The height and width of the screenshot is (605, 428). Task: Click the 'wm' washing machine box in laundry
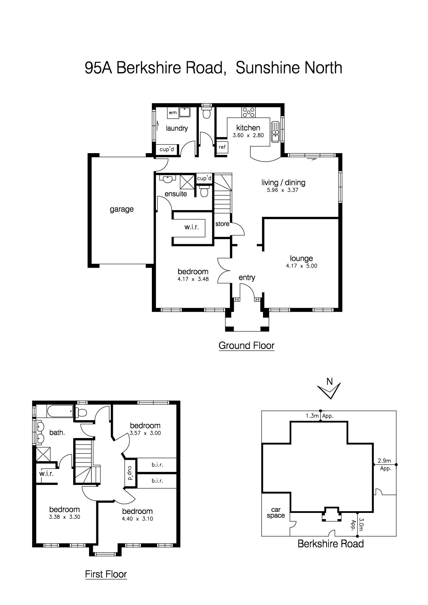[173, 112]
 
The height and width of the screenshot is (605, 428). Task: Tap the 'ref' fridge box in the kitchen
[222, 147]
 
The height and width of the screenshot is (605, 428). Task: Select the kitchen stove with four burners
[249, 112]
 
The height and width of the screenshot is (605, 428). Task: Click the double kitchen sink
[275, 132]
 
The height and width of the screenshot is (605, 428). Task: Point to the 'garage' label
[121, 209]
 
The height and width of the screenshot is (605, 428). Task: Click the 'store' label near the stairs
[222, 224]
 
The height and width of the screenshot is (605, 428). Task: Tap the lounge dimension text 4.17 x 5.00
[302, 266]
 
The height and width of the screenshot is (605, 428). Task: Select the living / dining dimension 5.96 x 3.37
[283, 190]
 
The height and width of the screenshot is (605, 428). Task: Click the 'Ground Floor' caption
[246, 345]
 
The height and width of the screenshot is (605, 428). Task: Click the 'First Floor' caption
[106, 574]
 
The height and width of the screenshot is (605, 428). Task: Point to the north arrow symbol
[329, 389]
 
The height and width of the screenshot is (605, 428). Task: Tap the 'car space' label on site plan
[276, 513]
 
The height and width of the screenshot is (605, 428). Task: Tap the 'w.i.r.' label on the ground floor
[192, 227]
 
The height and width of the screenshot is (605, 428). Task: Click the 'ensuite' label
[176, 194]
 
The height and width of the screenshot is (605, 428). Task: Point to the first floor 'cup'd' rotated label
[130, 474]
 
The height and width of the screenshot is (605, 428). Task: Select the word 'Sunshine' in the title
[267, 68]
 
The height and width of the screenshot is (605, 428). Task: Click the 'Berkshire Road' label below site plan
[330, 544]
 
